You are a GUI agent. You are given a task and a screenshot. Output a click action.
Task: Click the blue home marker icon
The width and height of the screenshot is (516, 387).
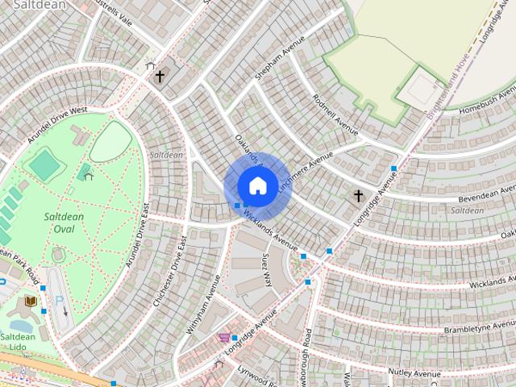pos(256,185)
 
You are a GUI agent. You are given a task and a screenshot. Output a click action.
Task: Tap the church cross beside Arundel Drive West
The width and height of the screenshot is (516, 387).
pos(160,77)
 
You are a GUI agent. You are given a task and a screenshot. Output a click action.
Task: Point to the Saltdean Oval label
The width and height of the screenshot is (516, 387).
pos(59,223)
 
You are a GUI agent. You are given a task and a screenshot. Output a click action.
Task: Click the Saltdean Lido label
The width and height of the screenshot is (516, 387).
pos(17,343)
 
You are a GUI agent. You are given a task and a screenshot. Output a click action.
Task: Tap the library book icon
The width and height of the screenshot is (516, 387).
pos(31,301)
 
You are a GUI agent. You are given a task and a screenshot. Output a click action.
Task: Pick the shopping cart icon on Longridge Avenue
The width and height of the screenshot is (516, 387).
pos(223,337)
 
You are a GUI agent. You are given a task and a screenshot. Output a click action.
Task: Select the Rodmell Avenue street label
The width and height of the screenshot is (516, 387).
pos(335,117)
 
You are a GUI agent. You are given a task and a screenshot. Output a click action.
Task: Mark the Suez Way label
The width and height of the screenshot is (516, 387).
pos(266,270)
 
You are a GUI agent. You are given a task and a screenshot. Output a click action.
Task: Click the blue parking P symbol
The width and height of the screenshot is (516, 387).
pos(58,299)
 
